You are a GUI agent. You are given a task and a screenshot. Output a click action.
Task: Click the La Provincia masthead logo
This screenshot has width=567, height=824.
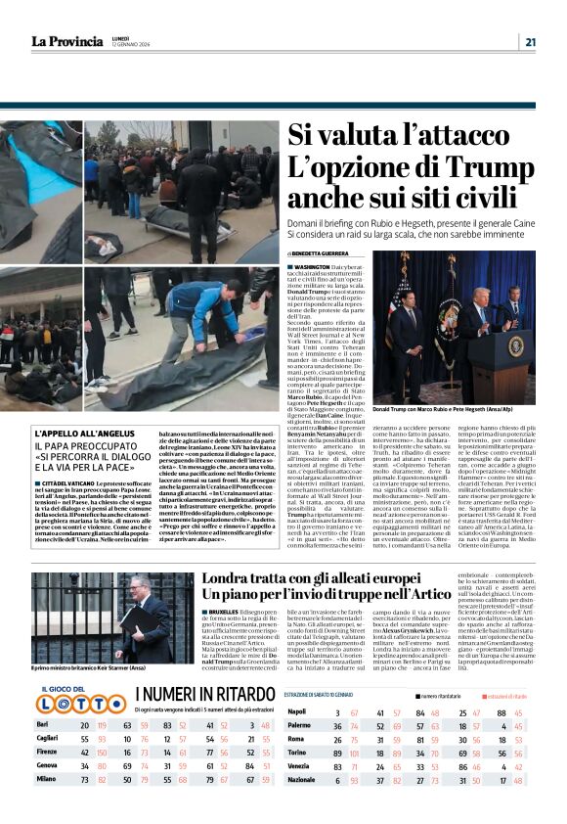(x=67, y=41)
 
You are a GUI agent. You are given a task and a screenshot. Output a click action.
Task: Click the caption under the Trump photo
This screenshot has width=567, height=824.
(x=433, y=409)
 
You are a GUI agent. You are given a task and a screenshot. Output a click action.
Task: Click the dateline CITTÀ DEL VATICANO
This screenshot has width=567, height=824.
(x=71, y=482)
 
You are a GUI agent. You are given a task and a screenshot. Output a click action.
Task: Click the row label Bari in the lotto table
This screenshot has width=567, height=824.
(x=43, y=752)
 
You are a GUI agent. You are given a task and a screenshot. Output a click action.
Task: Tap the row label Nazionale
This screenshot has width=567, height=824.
(x=304, y=806)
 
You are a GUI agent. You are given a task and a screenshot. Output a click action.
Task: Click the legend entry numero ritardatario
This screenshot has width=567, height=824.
(x=441, y=722)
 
